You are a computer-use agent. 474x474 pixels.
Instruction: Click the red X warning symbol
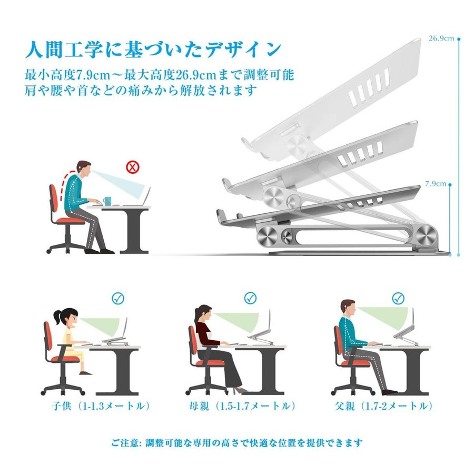132,167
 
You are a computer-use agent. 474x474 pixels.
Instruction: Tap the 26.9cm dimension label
441,38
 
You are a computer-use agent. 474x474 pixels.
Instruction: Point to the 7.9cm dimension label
436,183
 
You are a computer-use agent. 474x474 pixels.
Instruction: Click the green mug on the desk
107,201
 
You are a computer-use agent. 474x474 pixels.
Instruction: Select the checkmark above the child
118,299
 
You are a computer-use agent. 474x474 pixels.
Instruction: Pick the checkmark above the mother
250,299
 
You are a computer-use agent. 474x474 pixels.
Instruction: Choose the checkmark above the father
399,299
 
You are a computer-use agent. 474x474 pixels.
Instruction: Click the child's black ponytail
57,317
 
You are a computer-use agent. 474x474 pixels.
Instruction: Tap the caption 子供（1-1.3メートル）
101,406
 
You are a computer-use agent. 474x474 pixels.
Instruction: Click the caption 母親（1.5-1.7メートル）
242,406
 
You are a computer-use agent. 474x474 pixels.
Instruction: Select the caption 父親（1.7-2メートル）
384,406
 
